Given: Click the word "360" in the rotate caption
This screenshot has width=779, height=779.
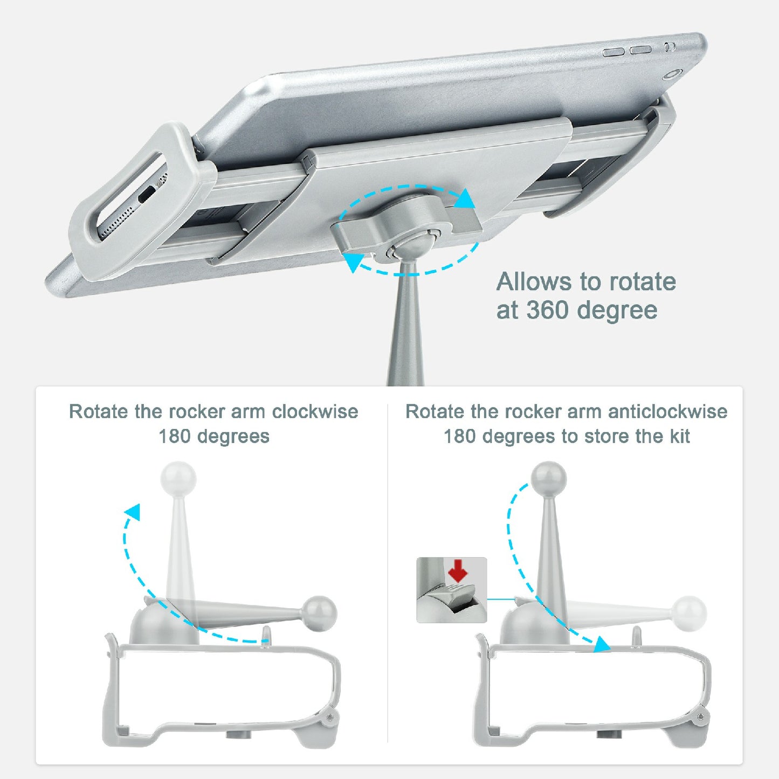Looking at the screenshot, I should pyautogui.click(x=547, y=311).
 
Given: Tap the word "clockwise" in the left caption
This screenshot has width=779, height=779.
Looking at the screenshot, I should pyautogui.click(x=315, y=412).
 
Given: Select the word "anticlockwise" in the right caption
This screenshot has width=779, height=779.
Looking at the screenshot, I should pyautogui.click(x=667, y=412).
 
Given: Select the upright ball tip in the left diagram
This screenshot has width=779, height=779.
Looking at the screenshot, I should pyautogui.click(x=178, y=478).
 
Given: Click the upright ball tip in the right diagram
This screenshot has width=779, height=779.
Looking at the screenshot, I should pyautogui.click(x=548, y=478).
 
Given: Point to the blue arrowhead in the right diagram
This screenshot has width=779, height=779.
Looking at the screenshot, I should pyautogui.click(x=602, y=644).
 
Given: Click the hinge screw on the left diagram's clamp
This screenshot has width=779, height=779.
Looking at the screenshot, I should pyautogui.click(x=328, y=717).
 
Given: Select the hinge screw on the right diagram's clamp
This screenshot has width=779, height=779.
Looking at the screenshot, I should pyautogui.click(x=699, y=717).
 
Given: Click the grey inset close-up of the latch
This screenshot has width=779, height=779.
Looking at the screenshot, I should pyautogui.click(x=451, y=590).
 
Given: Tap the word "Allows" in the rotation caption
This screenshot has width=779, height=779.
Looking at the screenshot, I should pyautogui.click(x=534, y=282).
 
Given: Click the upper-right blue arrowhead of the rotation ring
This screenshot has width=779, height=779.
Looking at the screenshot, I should pyautogui.click(x=465, y=199).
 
